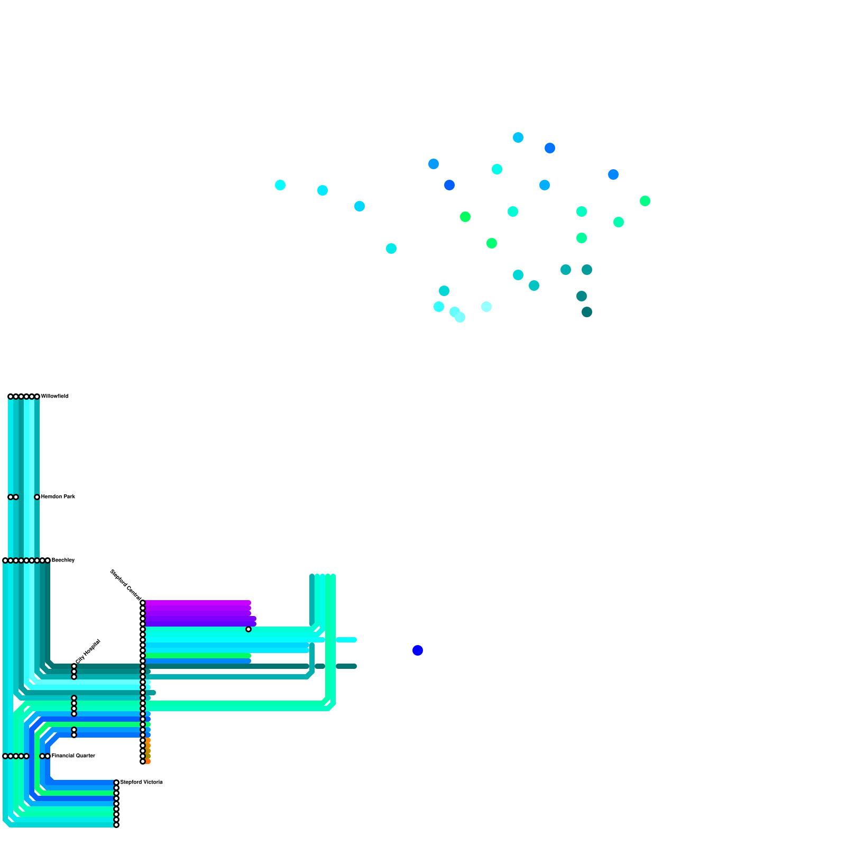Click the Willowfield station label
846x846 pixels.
[54, 396]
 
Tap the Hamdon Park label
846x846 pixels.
[58, 496]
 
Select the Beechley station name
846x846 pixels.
[63, 560]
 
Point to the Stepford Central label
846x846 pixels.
[125, 585]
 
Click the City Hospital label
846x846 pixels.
[88, 651]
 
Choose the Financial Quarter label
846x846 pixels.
[73, 756]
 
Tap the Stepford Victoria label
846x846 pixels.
[141, 782]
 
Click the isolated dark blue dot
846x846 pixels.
[418, 650]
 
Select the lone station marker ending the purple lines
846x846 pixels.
[249, 629]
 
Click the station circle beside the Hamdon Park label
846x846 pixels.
[37, 497]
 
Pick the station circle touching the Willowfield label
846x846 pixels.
[37, 397]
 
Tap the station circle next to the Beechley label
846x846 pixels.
[48, 560]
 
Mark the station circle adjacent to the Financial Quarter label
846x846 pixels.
[48, 756]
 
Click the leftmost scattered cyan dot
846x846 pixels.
[280, 185]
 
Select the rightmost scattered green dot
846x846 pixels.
[645, 201]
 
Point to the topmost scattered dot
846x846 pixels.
[518, 137]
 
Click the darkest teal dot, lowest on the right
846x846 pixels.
[587, 312]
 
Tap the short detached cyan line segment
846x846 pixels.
[346, 640]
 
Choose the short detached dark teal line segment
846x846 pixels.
[346, 666]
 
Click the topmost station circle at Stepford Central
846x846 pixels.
[143, 603]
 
